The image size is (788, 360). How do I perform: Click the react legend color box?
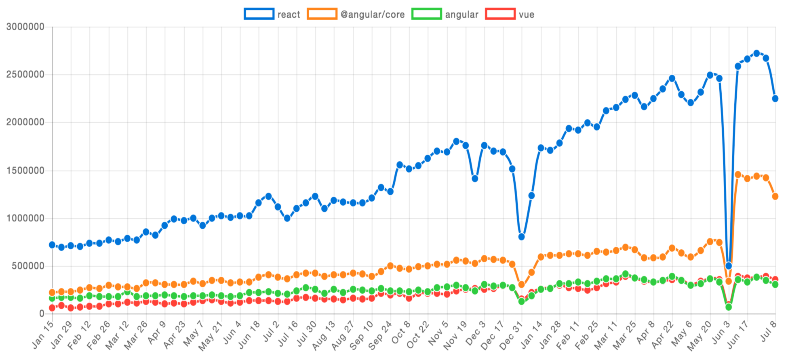tap(259, 14)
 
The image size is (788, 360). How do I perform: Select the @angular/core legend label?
tap(372, 15)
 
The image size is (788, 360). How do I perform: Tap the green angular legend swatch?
tap(426, 14)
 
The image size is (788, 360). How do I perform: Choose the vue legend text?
tap(527, 15)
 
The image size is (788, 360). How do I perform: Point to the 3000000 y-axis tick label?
tap(25, 27)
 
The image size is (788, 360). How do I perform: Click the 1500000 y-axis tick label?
tap(25, 171)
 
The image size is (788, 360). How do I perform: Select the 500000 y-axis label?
tap(27, 266)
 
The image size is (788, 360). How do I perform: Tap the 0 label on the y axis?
tap(42, 314)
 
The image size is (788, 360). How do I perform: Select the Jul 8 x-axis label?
tap(769, 332)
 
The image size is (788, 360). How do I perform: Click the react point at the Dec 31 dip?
tap(521, 237)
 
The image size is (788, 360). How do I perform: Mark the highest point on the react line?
tap(756, 53)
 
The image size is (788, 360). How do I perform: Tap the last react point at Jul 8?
tap(775, 99)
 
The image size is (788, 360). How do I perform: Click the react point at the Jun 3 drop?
tap(728, 266)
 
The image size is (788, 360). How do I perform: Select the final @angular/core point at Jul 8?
tap(775, 196)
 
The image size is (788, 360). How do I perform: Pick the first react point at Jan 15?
tap(52, 245)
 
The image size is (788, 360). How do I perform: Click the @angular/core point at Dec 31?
tap(521, 284)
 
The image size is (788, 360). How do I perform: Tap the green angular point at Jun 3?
tap(728, 307)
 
